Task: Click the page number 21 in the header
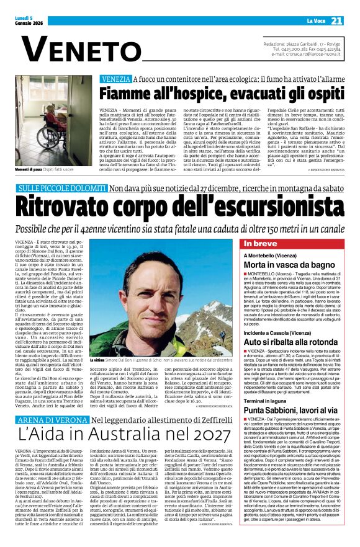tap(336, 20)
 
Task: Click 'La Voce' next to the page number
tap(313, 20)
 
